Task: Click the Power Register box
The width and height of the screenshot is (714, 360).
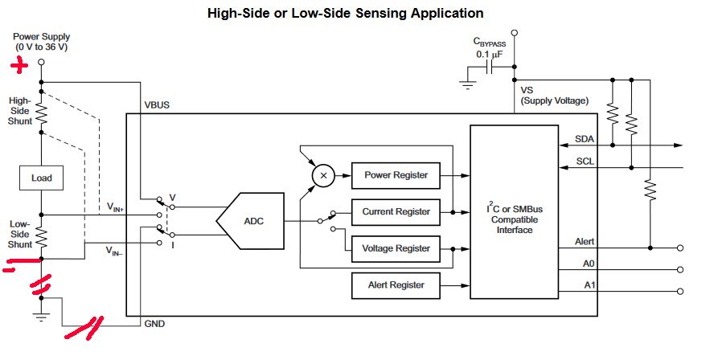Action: click(396, 175)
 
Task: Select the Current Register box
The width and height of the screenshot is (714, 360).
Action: click(396, 212)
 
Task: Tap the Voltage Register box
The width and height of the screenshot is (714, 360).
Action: click(396, 248)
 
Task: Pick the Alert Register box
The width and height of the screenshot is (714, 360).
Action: click(396, 284)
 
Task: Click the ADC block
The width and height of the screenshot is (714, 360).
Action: click(252, 219)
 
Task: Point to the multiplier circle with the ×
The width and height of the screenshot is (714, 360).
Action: click(324, 175)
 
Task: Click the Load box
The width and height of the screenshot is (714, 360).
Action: click(41, 178)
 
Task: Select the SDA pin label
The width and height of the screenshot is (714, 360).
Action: click(585, 138)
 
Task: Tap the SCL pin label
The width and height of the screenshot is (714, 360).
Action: click(585, 162)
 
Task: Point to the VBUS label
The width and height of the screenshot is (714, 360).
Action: click(157, 105)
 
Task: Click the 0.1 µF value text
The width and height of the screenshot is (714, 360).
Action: click(489, 54)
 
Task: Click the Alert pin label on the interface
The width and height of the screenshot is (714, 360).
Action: click(585, 241)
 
